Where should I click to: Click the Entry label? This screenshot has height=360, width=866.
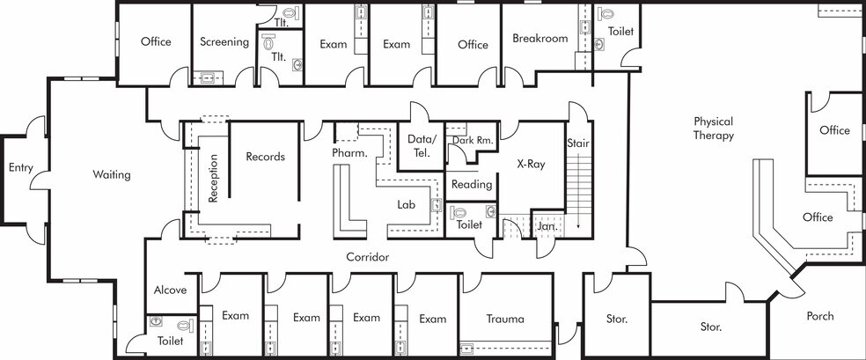click(20, 167)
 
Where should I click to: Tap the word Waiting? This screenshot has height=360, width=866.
click(112, 174)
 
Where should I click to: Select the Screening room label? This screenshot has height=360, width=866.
click(224, 41)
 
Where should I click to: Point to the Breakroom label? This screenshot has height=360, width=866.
click(539, 38)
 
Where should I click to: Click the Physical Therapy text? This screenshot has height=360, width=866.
click(713, 129)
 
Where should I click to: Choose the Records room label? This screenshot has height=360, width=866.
click(265, 157)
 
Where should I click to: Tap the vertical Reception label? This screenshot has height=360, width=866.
click(213, 179)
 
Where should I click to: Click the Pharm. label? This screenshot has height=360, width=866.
click(349, 153)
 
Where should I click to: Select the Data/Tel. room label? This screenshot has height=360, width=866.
click(422, 146)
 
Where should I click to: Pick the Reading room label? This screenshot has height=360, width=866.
click(472, 185)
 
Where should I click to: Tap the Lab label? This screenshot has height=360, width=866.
click(406, 204)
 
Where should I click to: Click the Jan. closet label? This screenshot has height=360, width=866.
click(547, 226)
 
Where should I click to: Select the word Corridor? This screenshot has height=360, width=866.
click(367, 257)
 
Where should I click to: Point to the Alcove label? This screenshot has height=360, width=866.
click(170, 290)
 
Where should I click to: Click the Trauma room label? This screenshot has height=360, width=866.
click(505, 318)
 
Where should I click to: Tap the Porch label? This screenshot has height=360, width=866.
click(819, 316)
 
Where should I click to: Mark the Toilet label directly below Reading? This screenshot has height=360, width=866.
click(469, 224)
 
